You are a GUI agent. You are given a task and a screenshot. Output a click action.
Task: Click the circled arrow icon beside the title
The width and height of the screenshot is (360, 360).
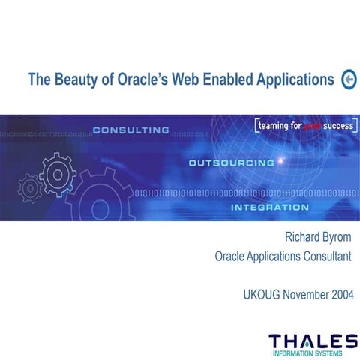point(349,79)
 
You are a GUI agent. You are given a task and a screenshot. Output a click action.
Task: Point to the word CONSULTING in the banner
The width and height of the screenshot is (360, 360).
point(131,130)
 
